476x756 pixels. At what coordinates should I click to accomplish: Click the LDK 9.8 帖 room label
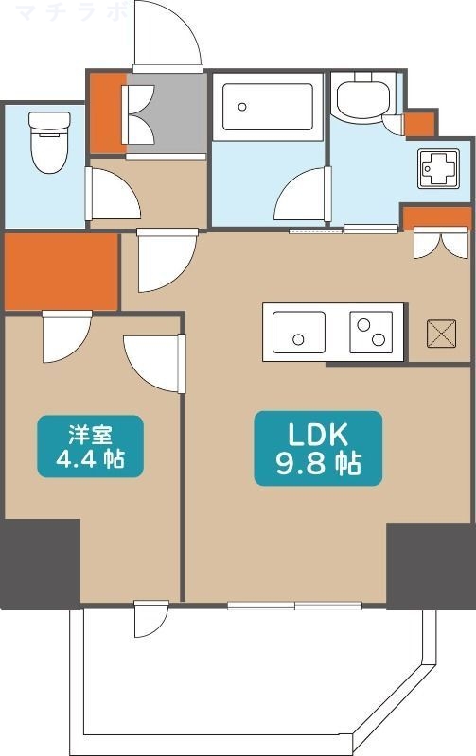point(318,449)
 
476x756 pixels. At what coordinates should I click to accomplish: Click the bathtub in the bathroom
point(266,110)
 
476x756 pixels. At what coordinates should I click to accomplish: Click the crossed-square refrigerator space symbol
point(441,334)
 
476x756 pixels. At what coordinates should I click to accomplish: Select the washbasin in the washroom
point(360,98)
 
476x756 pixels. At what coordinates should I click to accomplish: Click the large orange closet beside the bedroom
point(61,271)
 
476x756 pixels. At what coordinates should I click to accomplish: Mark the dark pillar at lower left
point(39,563)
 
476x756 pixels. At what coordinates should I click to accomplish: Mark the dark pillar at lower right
point(430,565)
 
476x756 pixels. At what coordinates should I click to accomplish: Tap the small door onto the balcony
point(150,618)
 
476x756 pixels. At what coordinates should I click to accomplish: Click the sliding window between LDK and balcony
point(294,606)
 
